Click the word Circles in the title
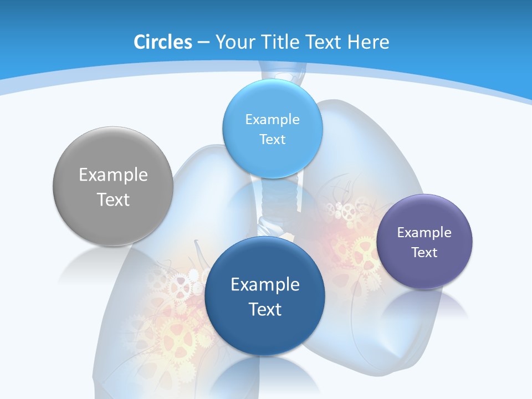point(163,42)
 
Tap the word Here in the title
point(369,42)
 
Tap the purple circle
point(424,272)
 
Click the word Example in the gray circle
point(113,175)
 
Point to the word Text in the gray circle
point(113,199)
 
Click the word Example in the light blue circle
point(273,120)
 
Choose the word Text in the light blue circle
point(273,140)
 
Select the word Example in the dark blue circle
point(265,285)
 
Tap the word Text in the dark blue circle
point(265,309)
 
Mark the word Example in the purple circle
point(424,233)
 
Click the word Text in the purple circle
point(424,253)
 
